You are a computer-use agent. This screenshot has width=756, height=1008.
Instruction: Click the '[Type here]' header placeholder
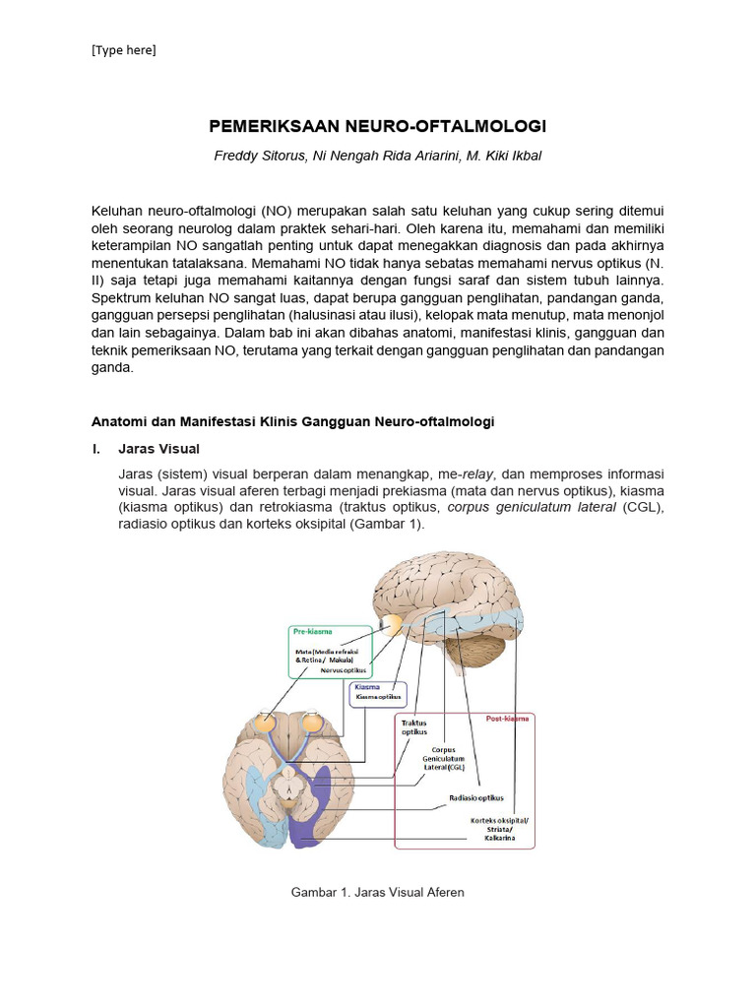[123, 51]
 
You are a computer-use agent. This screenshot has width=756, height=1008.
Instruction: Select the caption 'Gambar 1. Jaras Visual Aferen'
[377, 892]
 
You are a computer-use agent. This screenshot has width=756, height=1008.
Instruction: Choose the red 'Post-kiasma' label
[507, 719]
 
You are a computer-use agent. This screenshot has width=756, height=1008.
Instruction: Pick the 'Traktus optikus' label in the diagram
[414, 727]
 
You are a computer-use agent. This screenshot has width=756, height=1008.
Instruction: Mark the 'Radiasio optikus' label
[476, 797]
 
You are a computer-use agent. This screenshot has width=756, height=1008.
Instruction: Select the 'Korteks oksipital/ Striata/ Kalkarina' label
[499, 829]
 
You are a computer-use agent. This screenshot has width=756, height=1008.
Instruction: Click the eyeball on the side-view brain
[393, 625]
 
